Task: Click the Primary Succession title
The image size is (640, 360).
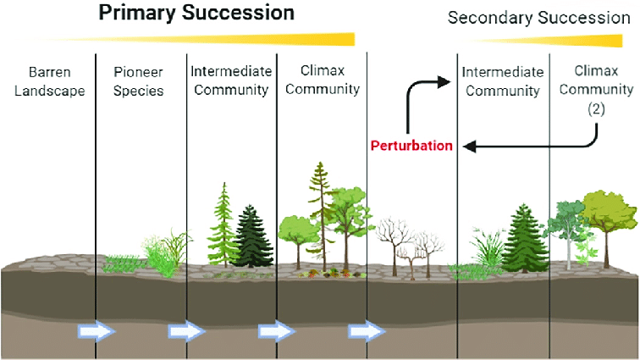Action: [196, 13]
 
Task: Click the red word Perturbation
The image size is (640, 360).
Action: [411, 146]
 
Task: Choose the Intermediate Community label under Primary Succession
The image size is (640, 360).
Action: [229, 80]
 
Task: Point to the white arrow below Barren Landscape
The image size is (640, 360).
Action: [97, 330]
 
